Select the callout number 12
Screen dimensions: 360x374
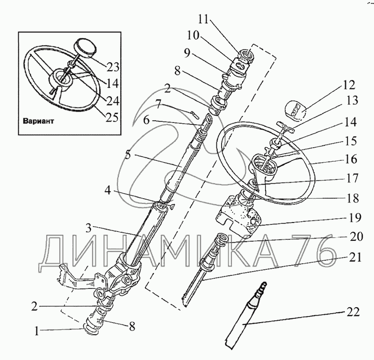[348, 85]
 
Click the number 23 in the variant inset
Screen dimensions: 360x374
[112, 67]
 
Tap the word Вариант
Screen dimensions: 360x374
[38, 120]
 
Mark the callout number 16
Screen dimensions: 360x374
[351, 159]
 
